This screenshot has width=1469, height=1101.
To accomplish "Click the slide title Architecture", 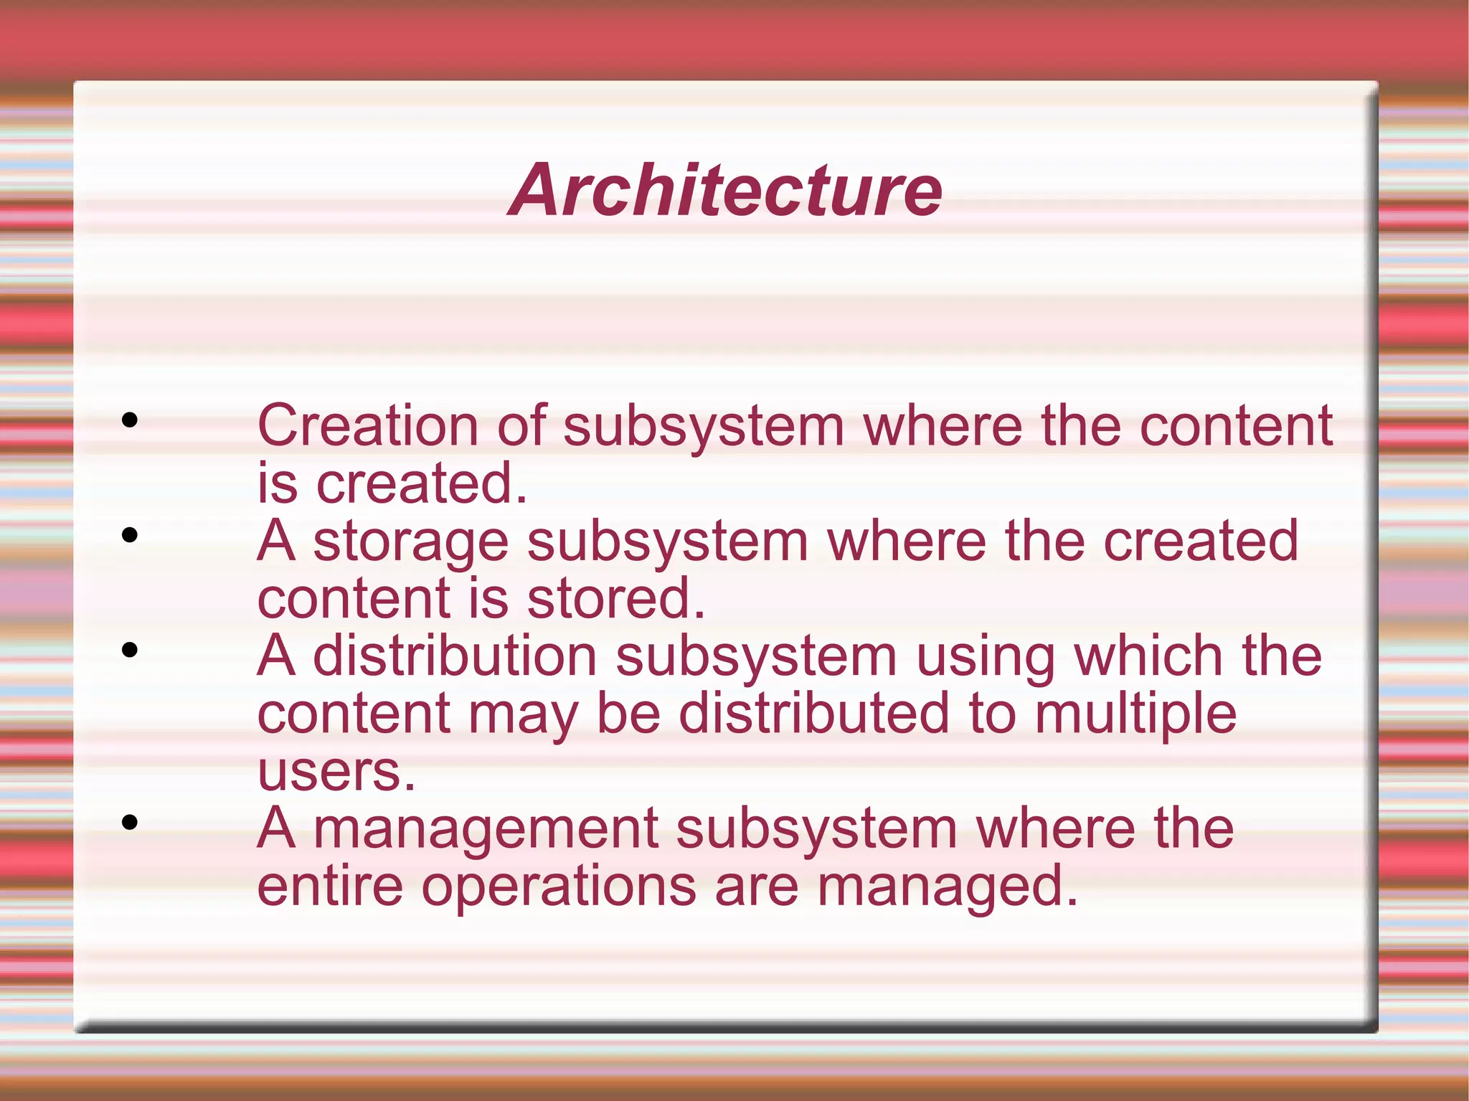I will [x=725, y=190].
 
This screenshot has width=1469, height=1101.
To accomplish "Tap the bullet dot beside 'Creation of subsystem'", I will [x=130, y=420].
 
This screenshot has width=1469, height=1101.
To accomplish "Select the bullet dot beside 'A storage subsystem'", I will [x=130, y=535].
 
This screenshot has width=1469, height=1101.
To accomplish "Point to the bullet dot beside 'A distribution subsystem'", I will [x=130, y=651].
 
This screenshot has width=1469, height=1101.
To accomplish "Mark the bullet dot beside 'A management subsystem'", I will [x=130, y=823].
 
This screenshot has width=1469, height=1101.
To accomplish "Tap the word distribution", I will [x=455, y=656].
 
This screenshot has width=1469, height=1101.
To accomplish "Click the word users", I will [x=336, y=772].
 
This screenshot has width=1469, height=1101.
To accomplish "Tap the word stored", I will [x=616, y=598].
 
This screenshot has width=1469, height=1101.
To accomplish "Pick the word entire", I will [x=330, y=886].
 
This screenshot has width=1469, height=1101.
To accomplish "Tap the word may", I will [x=523, y=716].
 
